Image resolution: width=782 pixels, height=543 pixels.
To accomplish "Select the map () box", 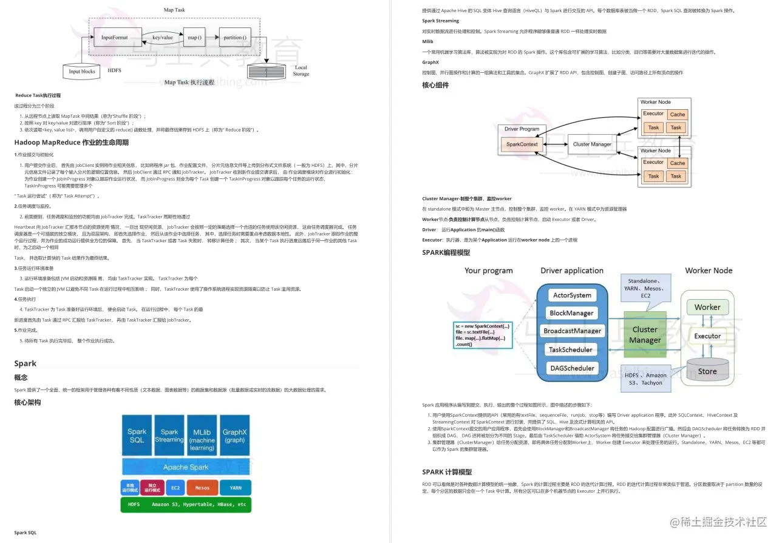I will [194, 38].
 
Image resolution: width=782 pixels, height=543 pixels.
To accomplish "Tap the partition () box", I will [234, 38].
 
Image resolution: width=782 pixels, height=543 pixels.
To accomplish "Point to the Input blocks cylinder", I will [82, 71].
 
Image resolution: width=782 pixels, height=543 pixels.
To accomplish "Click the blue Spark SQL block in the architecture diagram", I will [137, 436].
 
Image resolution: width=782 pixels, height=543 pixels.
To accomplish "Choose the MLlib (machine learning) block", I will [202, 436].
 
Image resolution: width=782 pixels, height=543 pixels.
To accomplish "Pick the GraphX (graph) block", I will [234, 436].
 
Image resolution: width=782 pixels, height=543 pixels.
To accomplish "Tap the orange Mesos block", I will [202, 487].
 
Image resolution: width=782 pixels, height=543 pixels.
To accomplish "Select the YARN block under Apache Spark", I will [235, 487].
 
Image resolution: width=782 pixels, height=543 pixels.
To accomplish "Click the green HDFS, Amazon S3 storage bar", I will [186, 504].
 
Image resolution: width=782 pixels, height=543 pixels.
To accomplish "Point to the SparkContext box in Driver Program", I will [522, 144].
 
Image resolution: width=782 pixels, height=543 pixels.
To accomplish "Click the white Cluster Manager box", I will [592, 144].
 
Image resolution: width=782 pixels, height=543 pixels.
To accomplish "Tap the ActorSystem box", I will [571, 295].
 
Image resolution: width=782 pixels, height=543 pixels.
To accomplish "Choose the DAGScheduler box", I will [571, 368].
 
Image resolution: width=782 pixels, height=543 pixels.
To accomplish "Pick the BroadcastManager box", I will [571, 331].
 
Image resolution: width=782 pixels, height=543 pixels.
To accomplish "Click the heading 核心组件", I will [435, 86].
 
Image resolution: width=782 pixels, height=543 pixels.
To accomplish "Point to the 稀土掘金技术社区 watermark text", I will [718, 522].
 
